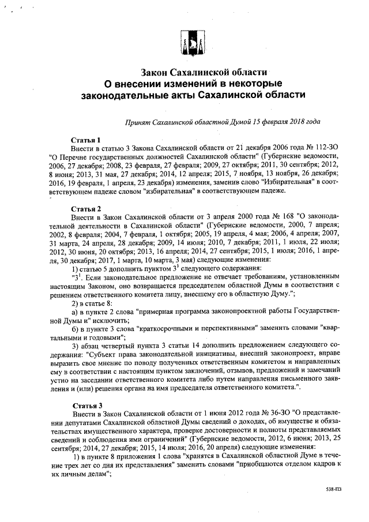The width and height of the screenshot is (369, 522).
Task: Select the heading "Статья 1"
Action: click(85, 140)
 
